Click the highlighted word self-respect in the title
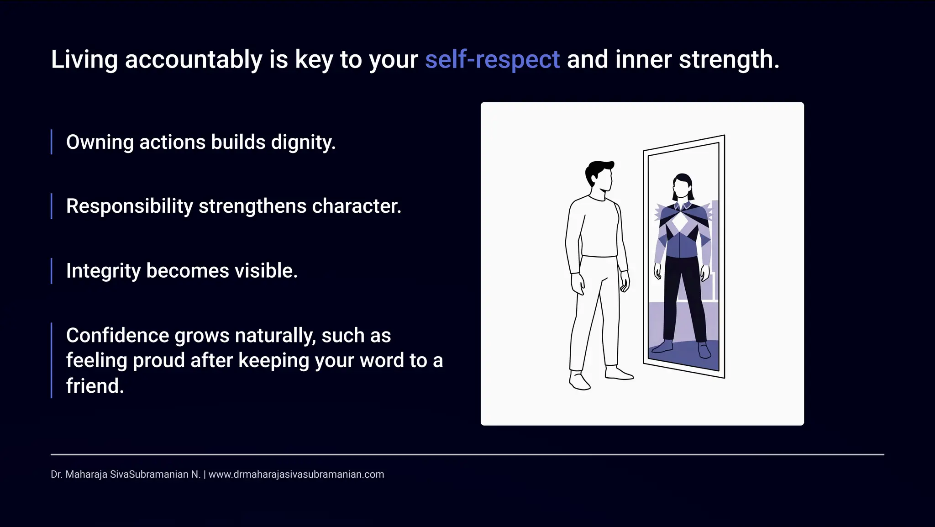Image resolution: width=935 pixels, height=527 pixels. point(492,60)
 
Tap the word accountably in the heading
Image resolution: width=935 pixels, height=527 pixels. point(194,60)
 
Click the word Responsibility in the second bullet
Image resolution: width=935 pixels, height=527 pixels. point(130,206)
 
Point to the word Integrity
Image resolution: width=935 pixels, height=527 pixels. point(103,271)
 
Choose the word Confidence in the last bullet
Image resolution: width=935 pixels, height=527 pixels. point(118,336)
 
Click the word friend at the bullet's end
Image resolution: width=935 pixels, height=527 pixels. point(94,386)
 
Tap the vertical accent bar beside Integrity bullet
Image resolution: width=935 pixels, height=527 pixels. point(52,271)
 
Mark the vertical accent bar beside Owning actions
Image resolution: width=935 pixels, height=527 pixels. point(52,142)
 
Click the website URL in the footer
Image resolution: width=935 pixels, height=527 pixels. point(296,474)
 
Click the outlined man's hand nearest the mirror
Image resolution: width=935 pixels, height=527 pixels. point(625,281)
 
